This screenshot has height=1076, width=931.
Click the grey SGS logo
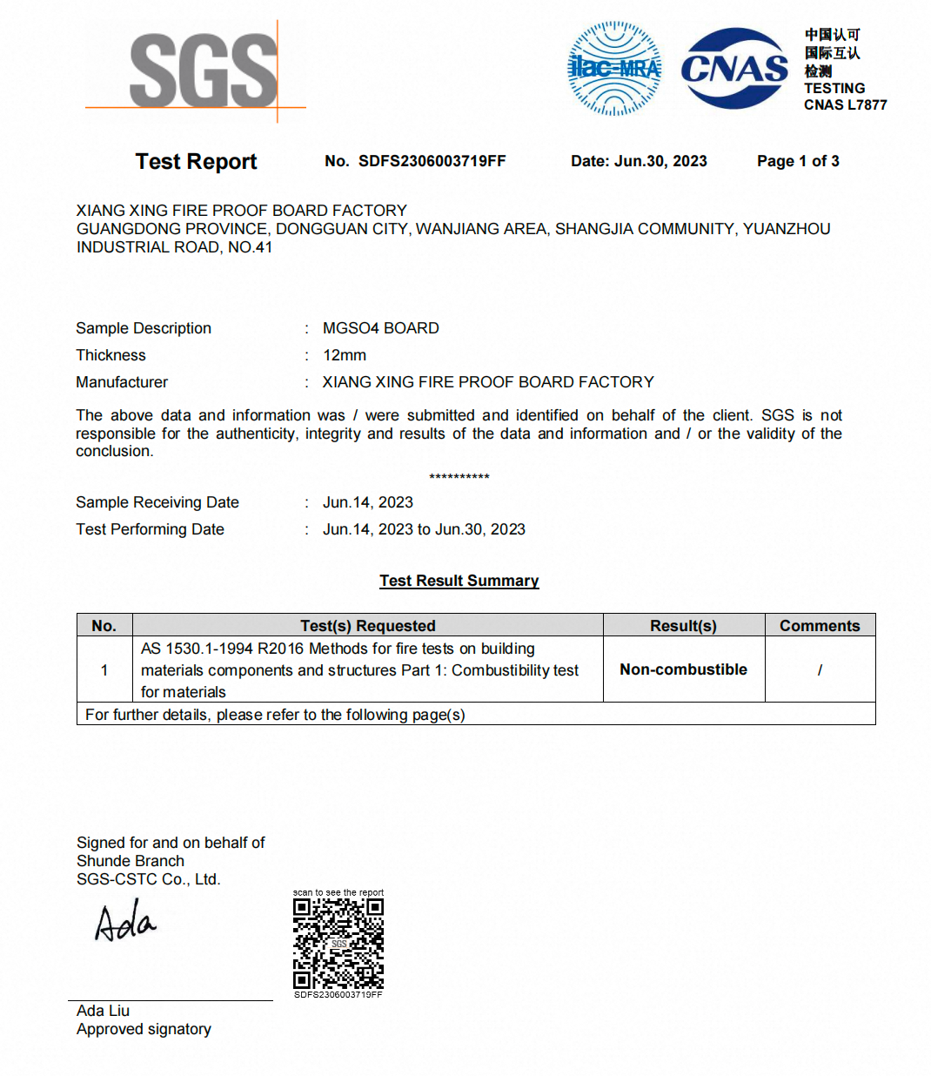tap(203, 71)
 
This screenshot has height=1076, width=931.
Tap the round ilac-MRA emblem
tap(614, 69)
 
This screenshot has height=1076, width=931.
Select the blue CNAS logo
tap(734, 69)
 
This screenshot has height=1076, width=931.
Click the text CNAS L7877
tap(845, 105)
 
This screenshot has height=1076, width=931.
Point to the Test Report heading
tap(196, 162)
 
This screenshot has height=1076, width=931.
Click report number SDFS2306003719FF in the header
tap(432, 161)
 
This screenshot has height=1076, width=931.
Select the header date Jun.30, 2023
tap(660, 161)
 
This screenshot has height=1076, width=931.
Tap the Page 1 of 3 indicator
tap(798, 161)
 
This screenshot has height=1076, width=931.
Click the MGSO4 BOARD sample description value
tap(380, 328)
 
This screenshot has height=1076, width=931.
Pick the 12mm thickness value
tap(345, 355)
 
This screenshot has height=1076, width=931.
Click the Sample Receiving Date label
tap(157, 502)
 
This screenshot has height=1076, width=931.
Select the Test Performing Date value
tap(424, 529)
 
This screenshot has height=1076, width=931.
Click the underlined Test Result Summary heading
tap(459, 581)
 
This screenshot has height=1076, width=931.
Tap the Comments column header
tap(820, 626)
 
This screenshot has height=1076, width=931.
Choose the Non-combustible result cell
tap(683, 669)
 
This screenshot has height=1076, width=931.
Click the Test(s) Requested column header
tap(368, 626)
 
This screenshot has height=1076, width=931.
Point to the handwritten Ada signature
tap(125, 923)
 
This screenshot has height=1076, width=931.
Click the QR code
tap(338, 944)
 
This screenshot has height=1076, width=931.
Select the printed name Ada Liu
tap(103, 1011)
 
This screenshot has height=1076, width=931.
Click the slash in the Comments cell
tap(820, 670)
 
